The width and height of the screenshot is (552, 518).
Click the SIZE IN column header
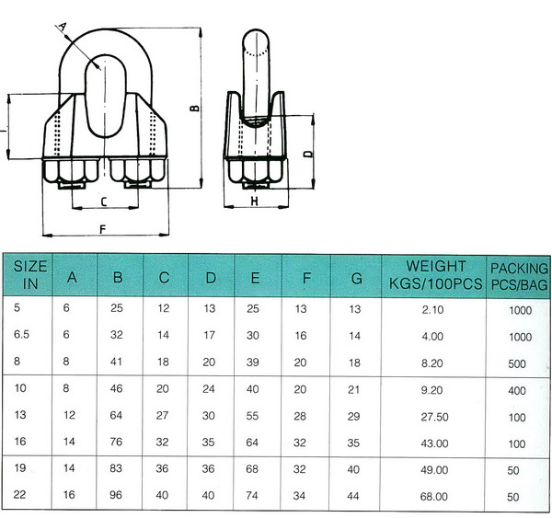tap(30, 275)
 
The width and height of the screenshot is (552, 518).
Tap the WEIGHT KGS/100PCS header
tap(435, 275)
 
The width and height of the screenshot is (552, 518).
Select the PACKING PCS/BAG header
tap(519, 276)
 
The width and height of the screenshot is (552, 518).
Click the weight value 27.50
tap(435, 417)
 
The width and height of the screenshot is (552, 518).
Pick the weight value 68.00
tap(434, 497)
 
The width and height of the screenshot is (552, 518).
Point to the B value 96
tap(116, 495)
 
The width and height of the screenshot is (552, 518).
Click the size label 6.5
tap(21, 334)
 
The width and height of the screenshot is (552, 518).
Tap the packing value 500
tap(517, 363)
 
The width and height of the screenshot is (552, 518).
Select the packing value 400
tap(517, 390)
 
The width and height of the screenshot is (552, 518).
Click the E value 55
tap(252, 416)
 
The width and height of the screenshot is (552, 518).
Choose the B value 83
tap(116, 468)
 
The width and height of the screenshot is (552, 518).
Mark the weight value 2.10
tap(432, 310)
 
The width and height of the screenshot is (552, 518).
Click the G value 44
tap(353, 496)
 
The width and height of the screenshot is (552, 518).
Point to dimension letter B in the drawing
tap(194, 108)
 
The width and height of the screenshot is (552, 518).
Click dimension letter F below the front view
tap(103, 230)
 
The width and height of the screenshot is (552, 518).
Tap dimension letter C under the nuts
tap(103, 202)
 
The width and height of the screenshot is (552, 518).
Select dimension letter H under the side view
tap(255, 201)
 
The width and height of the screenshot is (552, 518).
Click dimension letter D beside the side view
tap(308, 154)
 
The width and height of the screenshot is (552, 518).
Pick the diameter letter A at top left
tap(63, 27)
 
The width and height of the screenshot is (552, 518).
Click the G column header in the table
tap(357, 279)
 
